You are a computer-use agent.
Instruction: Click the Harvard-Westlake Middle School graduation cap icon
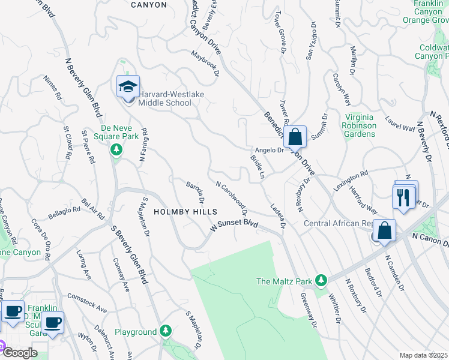point(128,87)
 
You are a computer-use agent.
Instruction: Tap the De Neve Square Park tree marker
point(116,148)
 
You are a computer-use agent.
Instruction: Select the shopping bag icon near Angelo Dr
point(295,137)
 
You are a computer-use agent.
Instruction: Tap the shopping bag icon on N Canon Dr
point(384,231)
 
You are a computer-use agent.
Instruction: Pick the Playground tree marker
point(166,332)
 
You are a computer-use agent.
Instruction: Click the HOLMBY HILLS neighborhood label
point(185,212)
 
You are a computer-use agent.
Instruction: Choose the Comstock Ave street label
point(86,304)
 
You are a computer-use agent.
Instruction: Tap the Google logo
point(19,353)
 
